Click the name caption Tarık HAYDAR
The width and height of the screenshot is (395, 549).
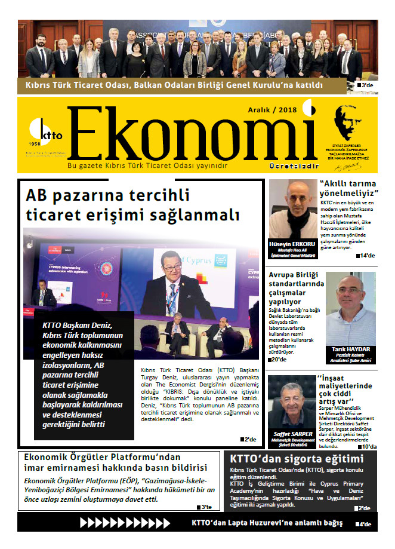coord(350,349)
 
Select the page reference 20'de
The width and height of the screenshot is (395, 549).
coord(278,359)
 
